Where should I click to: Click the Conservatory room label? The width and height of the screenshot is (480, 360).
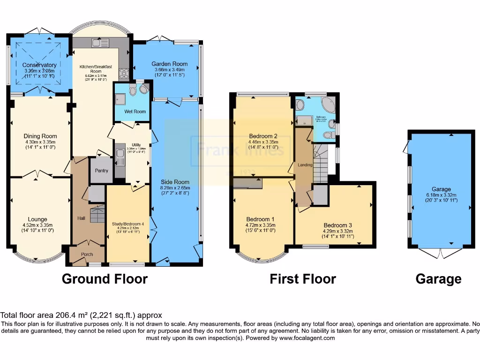(x=40, y=65)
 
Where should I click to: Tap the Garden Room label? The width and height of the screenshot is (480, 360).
(x=169, y=64)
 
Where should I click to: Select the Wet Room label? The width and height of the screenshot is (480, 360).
(x=135, y=112)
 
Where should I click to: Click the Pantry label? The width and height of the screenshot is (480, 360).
(x=102, y=171)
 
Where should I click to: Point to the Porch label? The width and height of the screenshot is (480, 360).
(x=87, y=254)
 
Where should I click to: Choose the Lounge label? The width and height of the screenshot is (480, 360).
(x=37, y=219)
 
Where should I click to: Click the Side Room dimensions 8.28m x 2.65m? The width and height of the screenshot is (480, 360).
(x=175, y=187)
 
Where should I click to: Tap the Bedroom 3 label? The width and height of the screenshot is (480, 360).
(x=337, y=225)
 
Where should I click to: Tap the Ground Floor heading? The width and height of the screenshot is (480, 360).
(x=105, y=279)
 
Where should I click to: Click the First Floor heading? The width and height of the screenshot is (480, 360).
(x=302, y=279)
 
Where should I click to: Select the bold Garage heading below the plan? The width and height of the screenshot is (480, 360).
(x=438, y=279)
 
